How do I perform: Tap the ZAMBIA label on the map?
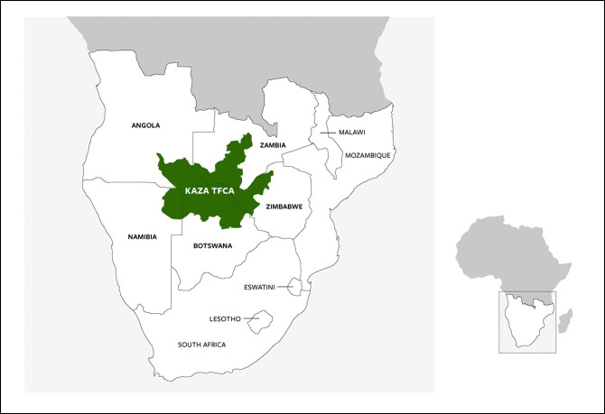tap(273, 144)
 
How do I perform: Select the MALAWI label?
tap(350, 133)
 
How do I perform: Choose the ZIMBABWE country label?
tap(284, 207)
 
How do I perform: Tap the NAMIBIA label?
tap(143, 236)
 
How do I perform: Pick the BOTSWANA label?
tap(213, 245)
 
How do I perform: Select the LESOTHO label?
tap(225, 318)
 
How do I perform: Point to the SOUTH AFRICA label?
tap(202, 345)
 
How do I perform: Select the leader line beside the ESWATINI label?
tap(284, 288)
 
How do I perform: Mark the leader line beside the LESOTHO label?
tap(250, 318)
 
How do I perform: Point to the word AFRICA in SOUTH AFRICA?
tap(213, 345)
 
